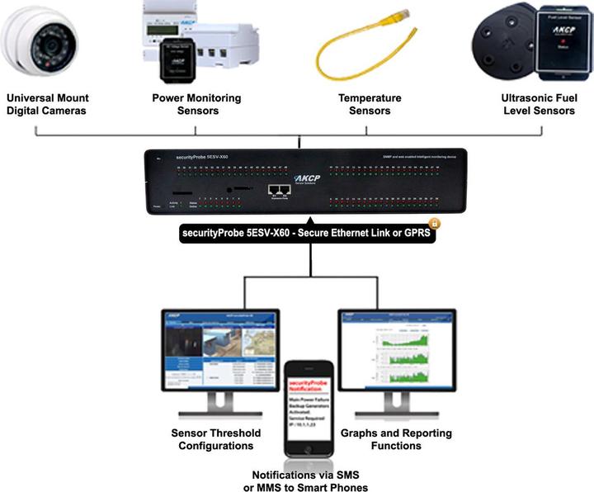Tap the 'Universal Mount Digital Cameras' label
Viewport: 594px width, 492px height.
[x=48, y=104]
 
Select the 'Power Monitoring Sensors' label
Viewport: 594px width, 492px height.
[x=196, y=104]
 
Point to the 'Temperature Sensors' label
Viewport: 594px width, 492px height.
[x=370, y=104]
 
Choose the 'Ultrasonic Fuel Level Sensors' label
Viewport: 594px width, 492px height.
[x=538, y=104]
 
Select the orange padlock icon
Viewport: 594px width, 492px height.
[x=434, y=223]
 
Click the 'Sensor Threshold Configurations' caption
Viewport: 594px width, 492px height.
[x=215, y=439]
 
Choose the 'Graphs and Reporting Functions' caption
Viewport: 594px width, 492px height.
[x=396, y=439]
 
